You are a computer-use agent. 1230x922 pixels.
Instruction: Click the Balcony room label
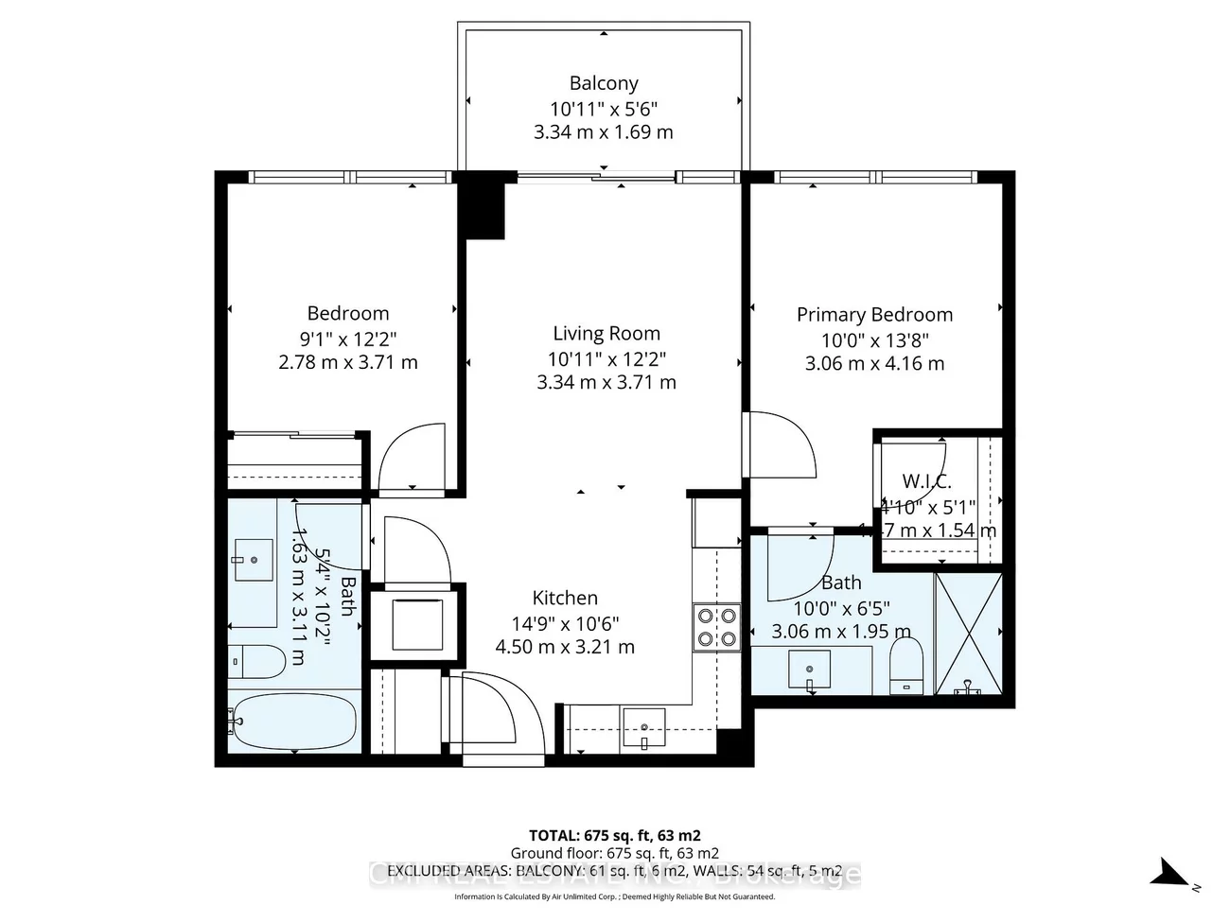coord(603,83)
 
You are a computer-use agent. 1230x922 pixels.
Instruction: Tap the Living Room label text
coord(606,333)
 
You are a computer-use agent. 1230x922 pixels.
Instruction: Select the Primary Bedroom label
coord(874,314)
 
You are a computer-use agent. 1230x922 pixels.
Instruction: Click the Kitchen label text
coord(565,598)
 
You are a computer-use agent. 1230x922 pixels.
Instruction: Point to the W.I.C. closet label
coord(926,481)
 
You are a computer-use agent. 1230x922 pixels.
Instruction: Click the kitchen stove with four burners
coord(717,626)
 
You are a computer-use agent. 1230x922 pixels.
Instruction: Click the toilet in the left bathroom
coord(256,661)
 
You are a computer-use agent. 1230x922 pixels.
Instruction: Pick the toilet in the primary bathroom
coord(906,665)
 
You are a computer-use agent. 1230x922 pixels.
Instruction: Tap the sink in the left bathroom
coord(253,559)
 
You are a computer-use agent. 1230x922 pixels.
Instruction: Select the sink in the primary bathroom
coord(810,670)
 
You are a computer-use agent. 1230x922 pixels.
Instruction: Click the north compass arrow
coord(1170,872)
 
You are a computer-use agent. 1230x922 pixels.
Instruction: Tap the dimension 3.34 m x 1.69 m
coord(603,132)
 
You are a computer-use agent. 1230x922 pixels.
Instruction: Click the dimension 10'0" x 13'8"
coord(874,340)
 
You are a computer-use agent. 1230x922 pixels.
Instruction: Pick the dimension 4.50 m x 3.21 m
coord(565,647)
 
